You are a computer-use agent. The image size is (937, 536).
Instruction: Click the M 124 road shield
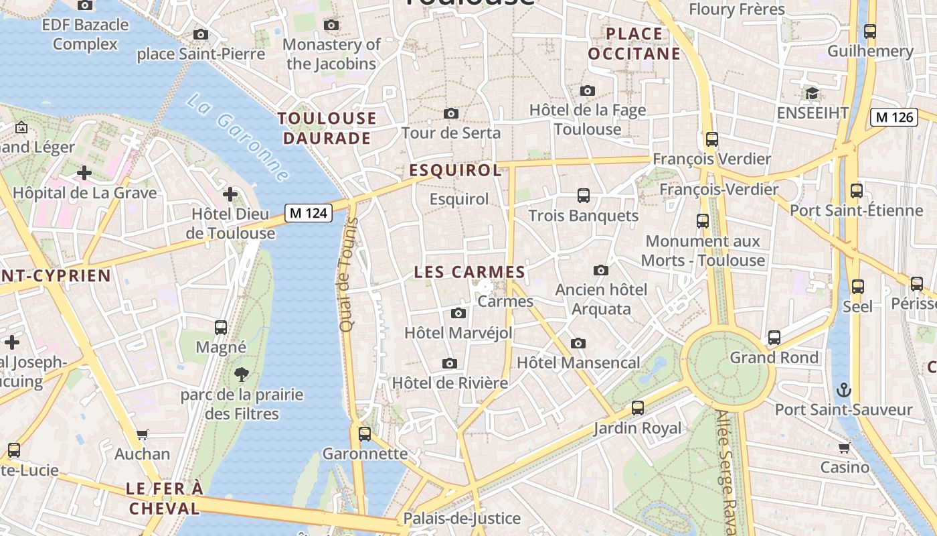coord(309,213)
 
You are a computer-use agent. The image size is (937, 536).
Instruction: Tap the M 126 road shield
coord(894,117)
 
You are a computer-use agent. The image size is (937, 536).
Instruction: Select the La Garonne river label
coord(238,138)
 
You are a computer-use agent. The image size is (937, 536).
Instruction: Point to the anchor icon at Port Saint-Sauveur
coord(844,389)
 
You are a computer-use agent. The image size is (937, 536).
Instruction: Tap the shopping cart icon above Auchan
coord(142,434)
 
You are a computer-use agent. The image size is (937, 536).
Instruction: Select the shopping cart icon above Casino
coord(845,447)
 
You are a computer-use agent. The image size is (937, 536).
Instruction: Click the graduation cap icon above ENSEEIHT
coord(812,93)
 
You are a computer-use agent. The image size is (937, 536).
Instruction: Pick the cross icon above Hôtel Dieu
coord(230,194)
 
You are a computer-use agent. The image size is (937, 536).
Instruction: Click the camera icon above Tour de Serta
coord(451,113)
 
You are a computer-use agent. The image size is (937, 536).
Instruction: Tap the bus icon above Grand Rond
coord(774,338)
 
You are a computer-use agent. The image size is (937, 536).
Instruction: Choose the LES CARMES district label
coord(469,272)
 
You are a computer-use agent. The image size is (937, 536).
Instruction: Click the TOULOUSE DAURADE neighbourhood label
coord(327,129)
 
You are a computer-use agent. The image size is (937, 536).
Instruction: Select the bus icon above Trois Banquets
coord(584,196)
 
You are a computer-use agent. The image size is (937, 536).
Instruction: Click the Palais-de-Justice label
coord(461,518)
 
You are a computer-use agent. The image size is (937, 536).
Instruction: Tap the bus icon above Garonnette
coord(365,434)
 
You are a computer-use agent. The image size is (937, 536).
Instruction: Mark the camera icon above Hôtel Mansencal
coord(578,344)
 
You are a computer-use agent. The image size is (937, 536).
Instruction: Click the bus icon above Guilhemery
coord(870,31)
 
